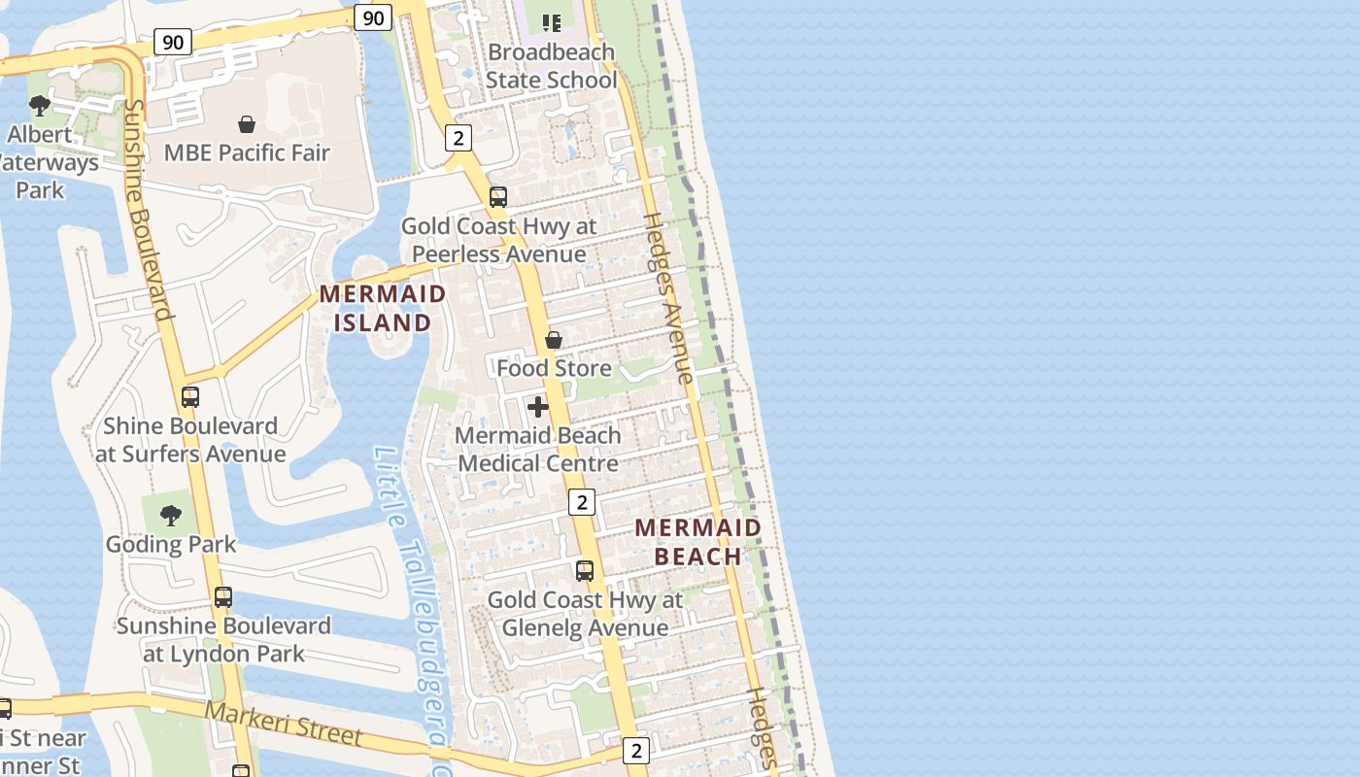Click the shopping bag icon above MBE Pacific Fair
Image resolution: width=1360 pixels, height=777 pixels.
[x=247, y=124]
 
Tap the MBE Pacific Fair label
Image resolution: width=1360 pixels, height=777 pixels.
[x=247, y=152]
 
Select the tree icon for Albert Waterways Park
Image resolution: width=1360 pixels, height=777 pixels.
[x=40, y=105]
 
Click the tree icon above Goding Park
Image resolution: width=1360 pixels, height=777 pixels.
[x=171, y=516]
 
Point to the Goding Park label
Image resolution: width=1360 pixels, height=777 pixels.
[x=171, y=544]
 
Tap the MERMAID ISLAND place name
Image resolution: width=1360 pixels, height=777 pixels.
[x=383, y=308]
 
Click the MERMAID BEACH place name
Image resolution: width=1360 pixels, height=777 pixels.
[x=697, y=542]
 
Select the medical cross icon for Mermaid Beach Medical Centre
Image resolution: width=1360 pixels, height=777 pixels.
[x=537, y=406]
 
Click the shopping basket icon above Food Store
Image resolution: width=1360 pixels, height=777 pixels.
[x=554, y=340]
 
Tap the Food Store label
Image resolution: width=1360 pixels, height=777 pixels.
[x=554, y=368]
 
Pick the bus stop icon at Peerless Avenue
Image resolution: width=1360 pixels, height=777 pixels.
[x=498, y=197]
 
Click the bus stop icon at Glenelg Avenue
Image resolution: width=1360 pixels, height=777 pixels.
[x=585, y=570]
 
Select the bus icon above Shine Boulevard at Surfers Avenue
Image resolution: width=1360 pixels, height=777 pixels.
[x=190, y=396]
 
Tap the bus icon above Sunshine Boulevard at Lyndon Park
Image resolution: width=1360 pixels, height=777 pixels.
[x=223, y=596]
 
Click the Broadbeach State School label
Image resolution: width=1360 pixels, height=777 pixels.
[x=551, y=65]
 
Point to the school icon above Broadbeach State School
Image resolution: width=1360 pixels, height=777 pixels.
[x=552, y=22]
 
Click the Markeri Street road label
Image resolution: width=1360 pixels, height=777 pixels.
[x=283, y=724]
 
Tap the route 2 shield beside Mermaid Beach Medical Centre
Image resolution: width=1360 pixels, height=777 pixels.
[x=581, y=502]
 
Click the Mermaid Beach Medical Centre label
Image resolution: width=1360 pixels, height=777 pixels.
[x=537, y=449]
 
